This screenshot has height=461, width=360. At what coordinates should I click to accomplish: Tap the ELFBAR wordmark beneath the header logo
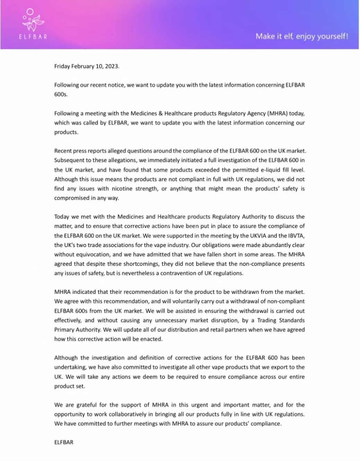click(33, 36)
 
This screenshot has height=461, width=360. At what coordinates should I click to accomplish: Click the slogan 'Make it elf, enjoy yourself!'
click(302, 36)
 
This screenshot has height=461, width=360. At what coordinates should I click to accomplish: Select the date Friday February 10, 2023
click(87, 66)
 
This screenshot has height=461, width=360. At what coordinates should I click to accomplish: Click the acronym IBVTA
click(295, 236)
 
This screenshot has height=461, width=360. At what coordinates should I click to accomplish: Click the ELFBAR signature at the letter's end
click(64, 442)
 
